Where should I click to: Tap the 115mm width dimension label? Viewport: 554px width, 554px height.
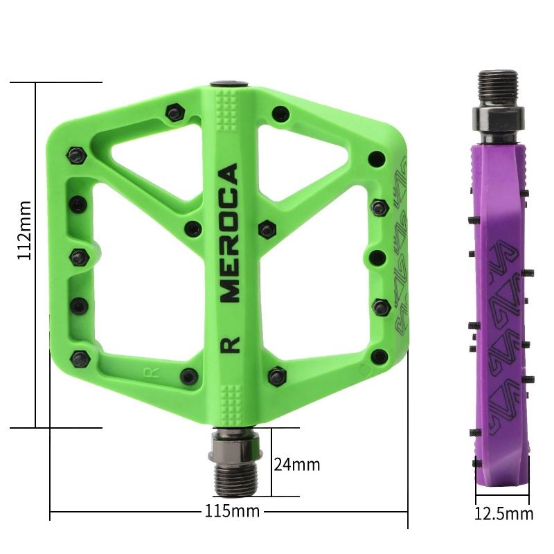[232, 512]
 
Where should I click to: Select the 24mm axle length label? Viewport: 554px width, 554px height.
[296, 463]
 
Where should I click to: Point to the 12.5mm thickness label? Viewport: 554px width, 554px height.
[503, 513]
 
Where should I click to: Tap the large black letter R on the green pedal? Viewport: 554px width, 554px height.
[230, 344]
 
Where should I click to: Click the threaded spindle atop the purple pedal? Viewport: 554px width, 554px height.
[497, 87]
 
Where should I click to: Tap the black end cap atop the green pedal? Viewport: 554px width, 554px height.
[229, 84]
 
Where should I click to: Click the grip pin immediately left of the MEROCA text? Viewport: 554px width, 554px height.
[195, 228]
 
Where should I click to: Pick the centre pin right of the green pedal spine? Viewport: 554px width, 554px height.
[267, 228]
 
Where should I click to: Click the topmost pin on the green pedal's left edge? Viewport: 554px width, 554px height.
[75, 154]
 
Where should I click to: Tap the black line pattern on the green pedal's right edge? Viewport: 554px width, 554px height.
[400, 249]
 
